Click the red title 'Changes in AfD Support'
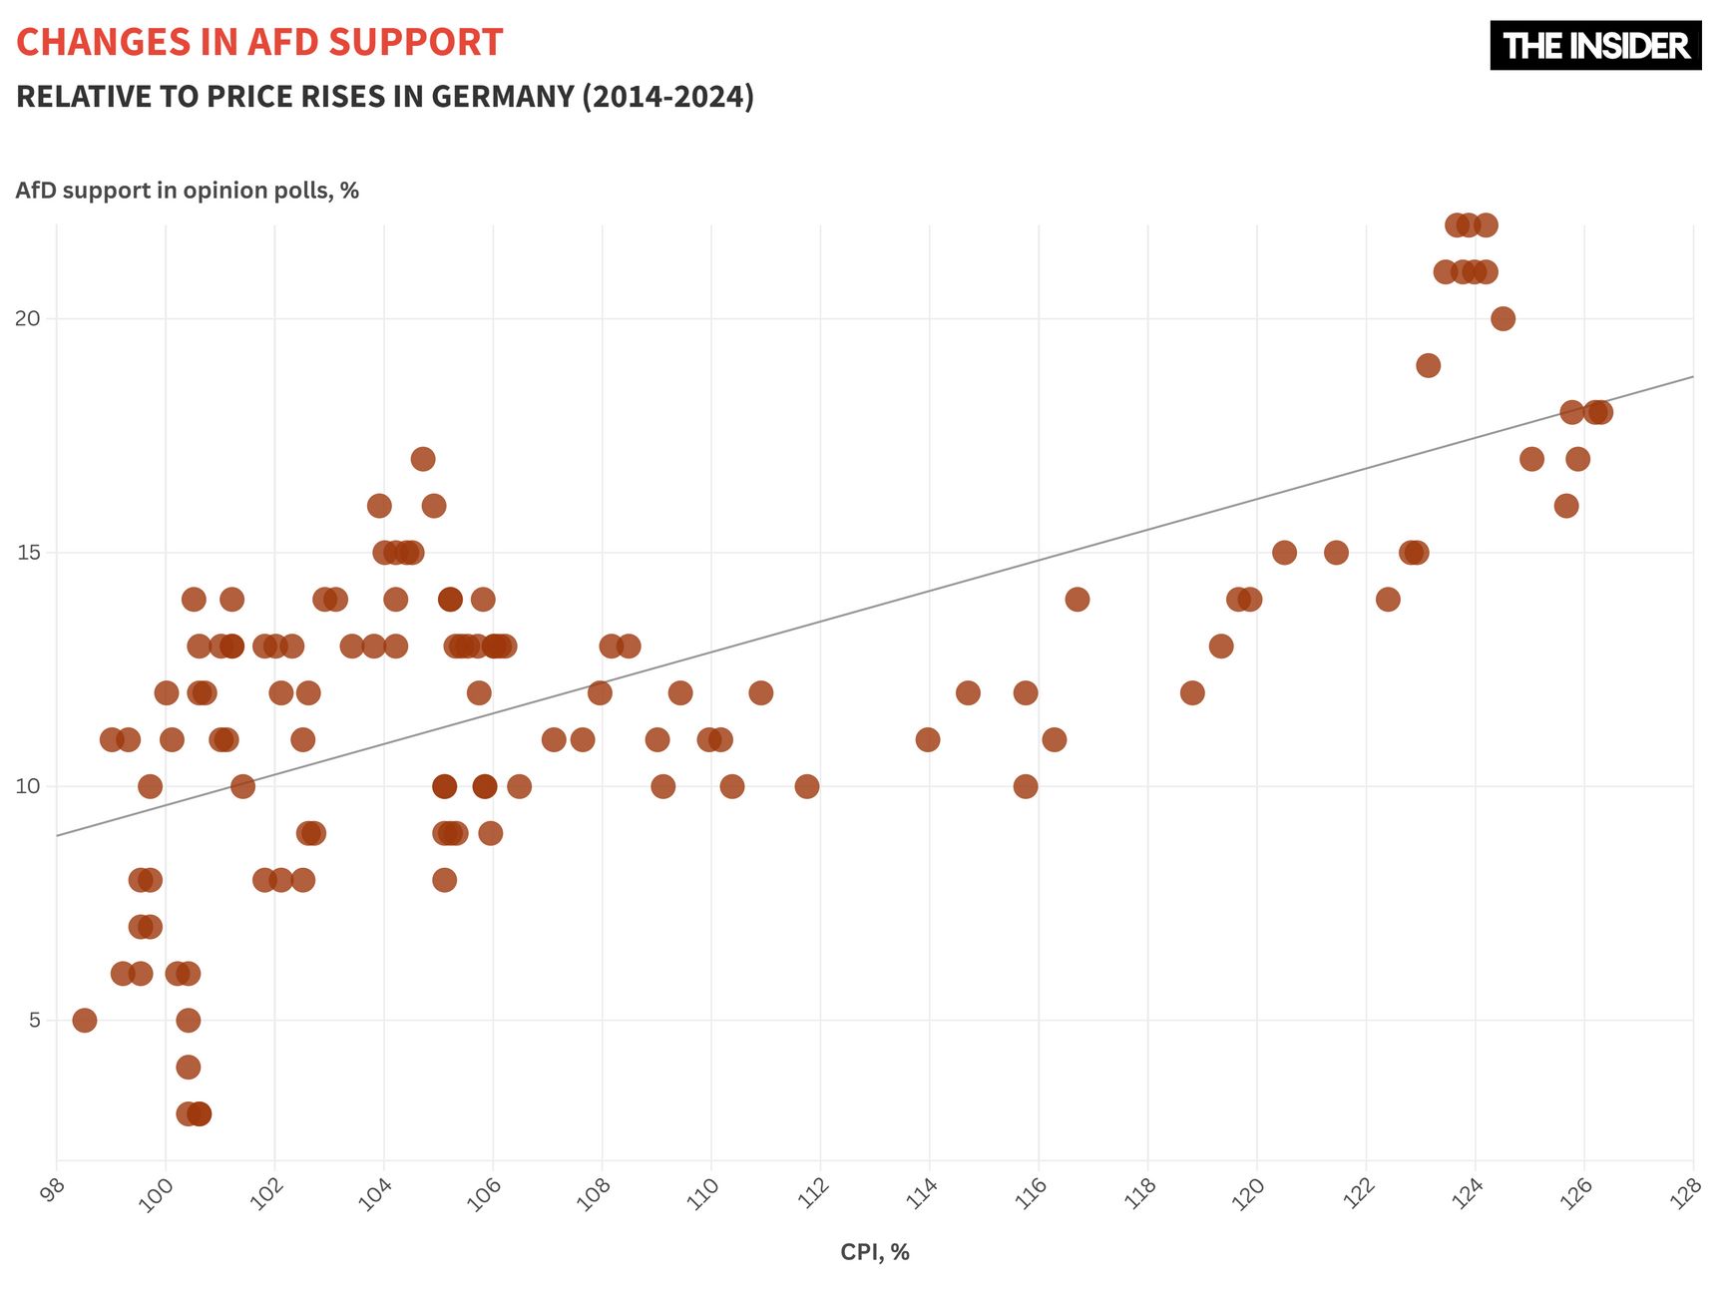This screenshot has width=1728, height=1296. click(x=259, y=43)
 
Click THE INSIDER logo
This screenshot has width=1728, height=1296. click(x=1594, y=46)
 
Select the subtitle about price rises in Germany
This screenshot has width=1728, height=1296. click(x=385, y=97)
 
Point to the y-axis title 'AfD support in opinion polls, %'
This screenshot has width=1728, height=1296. click(x=187, y=191)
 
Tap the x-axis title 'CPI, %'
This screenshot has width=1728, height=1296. click(x=874, y=1252)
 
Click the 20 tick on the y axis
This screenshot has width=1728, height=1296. click(x=27, y=319)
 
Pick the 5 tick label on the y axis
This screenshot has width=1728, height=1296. click(x=34, y=1020)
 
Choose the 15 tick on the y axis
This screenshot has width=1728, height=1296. click(x=27, y=553)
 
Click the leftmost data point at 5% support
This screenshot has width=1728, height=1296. click(x=85, y=1020)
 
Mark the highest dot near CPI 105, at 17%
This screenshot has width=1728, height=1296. click(x=423, y=459)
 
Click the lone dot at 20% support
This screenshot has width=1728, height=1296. click(x=1503, y=319)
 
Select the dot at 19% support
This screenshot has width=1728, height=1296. click(x=1428, y=365)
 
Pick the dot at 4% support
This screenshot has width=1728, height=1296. click(x=189, y=1067)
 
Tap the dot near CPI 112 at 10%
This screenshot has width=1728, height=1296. click(x=807, y=786)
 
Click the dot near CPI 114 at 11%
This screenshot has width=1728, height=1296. click(x=928, y=739)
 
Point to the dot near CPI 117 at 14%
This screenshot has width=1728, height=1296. click(x=1078, y=600)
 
